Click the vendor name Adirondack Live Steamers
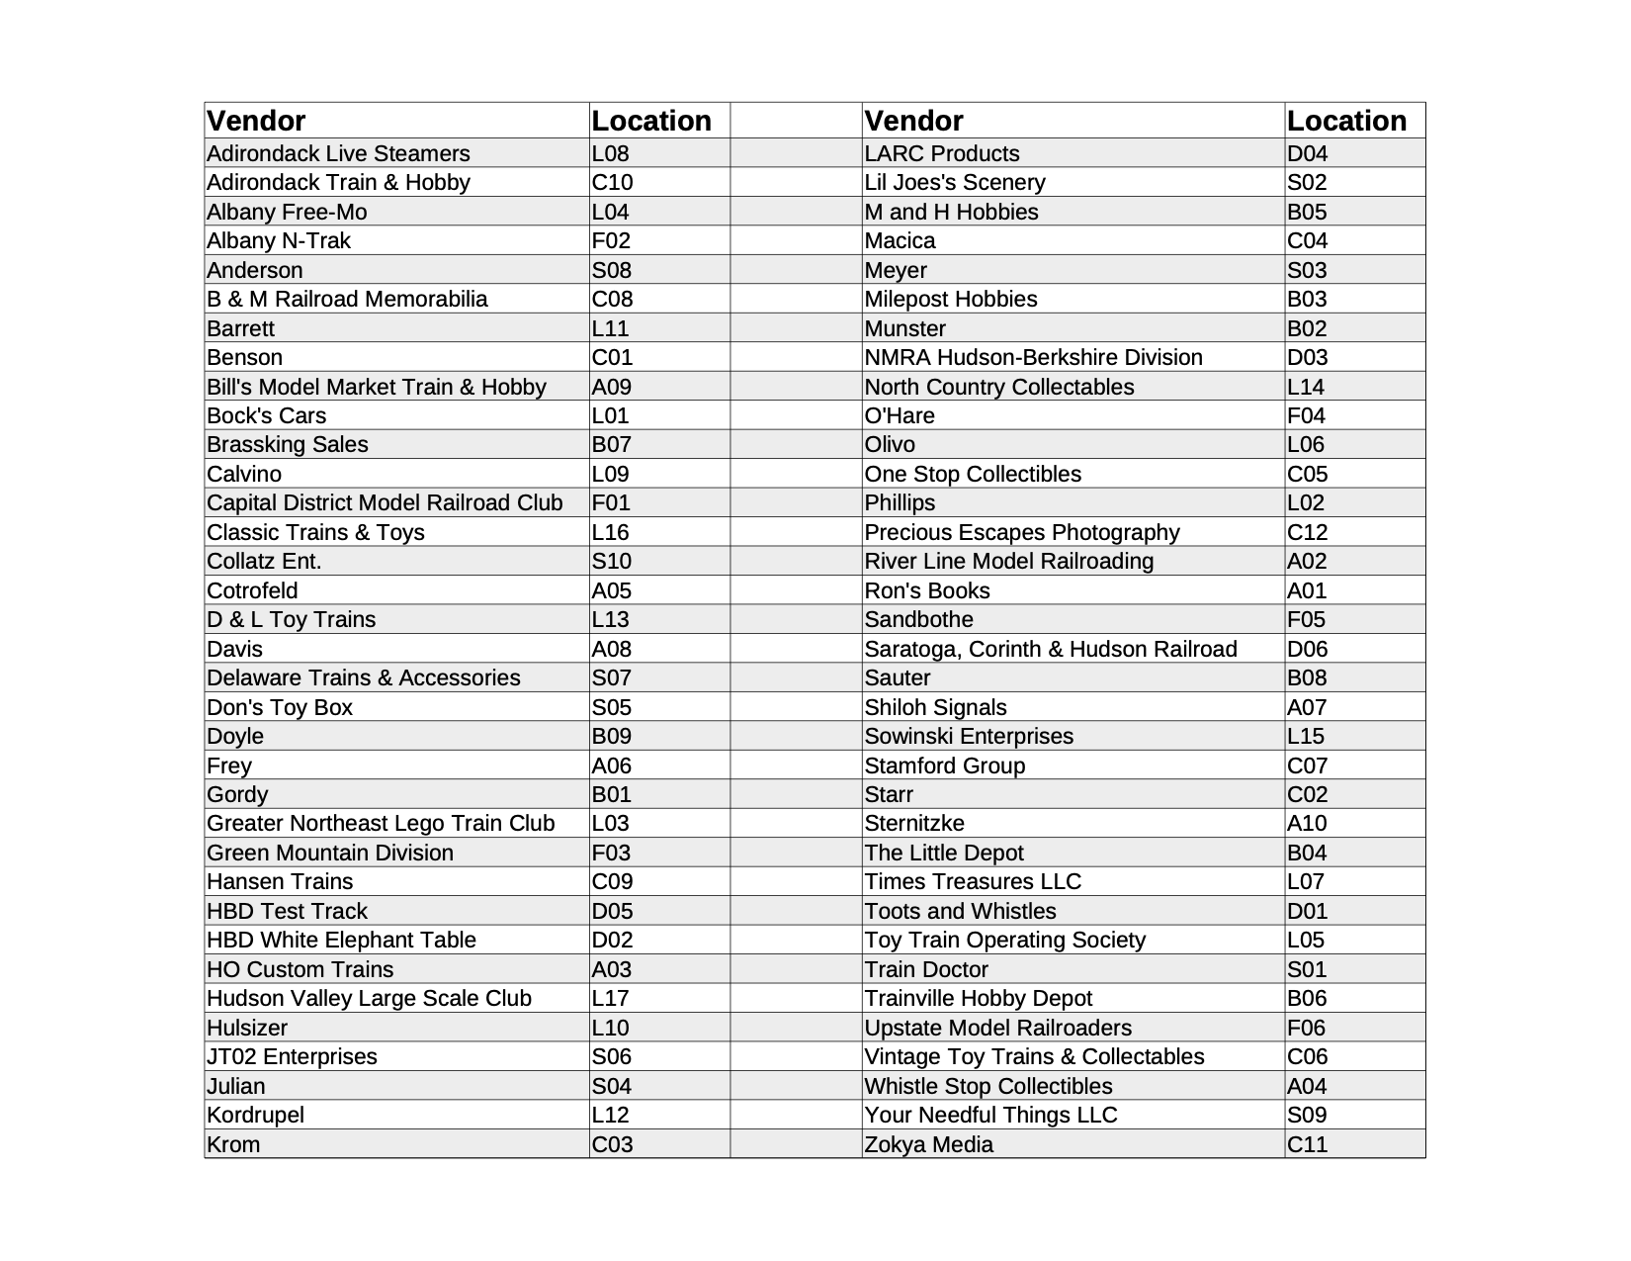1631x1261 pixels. [x=338, y=153]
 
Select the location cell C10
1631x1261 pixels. [x=612, y=182]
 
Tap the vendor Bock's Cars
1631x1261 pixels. [x=266, y=415]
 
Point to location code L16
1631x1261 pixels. [x=610, y=532]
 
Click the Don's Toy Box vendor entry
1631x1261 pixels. [x=280, y=707]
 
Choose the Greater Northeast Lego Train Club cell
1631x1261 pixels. [x=381, y=823]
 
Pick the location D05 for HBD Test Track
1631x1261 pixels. [x=612, y=911]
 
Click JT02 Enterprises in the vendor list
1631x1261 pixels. [x=292, y=1056]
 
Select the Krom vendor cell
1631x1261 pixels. [x=233, y=1144]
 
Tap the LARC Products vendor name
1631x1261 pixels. [x=941, y=153]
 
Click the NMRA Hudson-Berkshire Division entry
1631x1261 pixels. [x=1033, y=357]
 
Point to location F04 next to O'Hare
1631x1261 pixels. [x=1306, y=415]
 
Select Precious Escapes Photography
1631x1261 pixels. [x=1021, y=532]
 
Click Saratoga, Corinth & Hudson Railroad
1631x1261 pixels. [x=1050, y=649]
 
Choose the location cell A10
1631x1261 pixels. [x=1307, y=823]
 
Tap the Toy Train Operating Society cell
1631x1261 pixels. [x=1004, y=940]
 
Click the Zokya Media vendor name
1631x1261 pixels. [x=928, y=1144]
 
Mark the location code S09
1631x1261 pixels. [x=1307, y=1115]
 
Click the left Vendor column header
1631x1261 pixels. [x=256, y=121]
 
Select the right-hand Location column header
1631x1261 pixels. [x=1346, y=121]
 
